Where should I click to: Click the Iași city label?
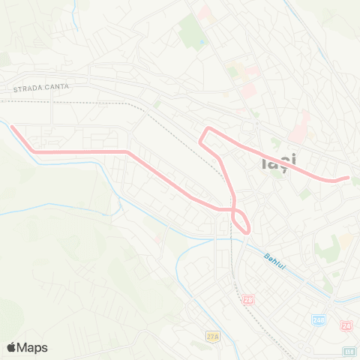279,160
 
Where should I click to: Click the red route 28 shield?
248,300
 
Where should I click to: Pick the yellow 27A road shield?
213,337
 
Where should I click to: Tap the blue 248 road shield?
319,320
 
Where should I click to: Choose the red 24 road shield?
346,325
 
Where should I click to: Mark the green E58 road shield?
349,351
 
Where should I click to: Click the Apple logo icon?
11,347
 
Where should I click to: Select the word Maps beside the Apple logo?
33,347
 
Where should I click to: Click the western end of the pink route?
12,126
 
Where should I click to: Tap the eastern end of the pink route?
347,178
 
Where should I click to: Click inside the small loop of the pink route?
241,220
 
